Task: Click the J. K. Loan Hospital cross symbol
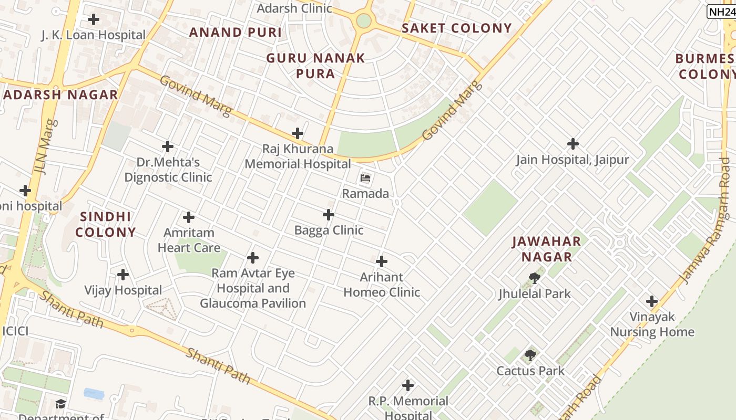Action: (94, 20)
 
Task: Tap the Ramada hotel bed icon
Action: (365, 178)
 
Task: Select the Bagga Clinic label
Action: (329, 230)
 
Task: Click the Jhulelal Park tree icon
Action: (535, 278)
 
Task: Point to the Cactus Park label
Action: (530, 371)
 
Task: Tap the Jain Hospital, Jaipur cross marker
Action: (573, 144)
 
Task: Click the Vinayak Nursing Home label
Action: (652, 324)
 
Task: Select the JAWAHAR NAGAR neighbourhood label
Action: (547, 249)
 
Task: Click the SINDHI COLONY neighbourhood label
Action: (106, 224)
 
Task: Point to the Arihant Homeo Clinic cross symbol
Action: (382, 261)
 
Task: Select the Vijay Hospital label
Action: (123, 290)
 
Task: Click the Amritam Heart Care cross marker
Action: (189, 217)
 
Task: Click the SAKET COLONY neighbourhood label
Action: (456, 28)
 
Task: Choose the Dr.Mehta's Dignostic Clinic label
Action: (168, 170)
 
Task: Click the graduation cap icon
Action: (61, 404)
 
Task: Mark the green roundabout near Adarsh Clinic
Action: (363, 20)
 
